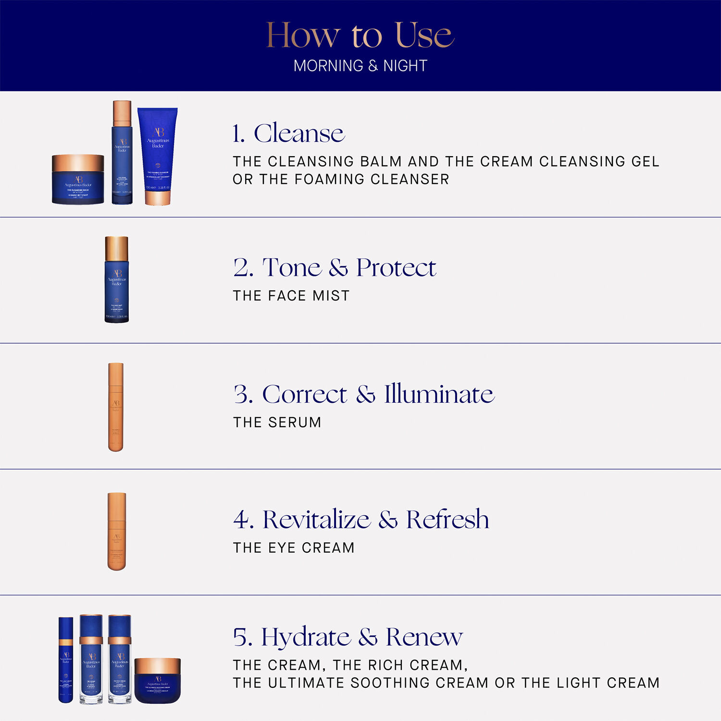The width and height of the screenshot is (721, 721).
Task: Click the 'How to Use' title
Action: click(360, 35)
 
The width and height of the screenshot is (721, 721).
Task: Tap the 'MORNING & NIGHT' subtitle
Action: click(360, 66)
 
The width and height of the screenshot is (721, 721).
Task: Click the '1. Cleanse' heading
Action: click(288, 133)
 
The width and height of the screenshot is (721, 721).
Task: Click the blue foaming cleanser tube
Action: click(158, 154)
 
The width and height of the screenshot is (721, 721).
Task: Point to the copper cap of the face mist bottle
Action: click(117, 248)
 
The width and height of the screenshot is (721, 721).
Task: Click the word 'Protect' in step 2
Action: click(396, 268)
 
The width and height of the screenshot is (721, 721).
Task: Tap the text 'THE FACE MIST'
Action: click(291, 296)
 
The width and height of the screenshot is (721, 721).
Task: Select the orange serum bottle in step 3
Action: click(116, 407)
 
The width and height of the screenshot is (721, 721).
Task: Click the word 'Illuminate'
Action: click(439, 394)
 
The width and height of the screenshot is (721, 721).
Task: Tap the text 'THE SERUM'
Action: click(277, 422)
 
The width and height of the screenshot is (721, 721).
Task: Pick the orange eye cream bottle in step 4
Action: click(117, 531)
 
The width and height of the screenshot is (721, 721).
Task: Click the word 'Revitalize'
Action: click(316, 519)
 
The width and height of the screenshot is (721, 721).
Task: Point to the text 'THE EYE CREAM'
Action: click(294, 547)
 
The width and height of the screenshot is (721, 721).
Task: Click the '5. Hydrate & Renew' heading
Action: click(348, 637)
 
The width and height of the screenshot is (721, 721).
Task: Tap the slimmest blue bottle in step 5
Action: click(66, 659)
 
